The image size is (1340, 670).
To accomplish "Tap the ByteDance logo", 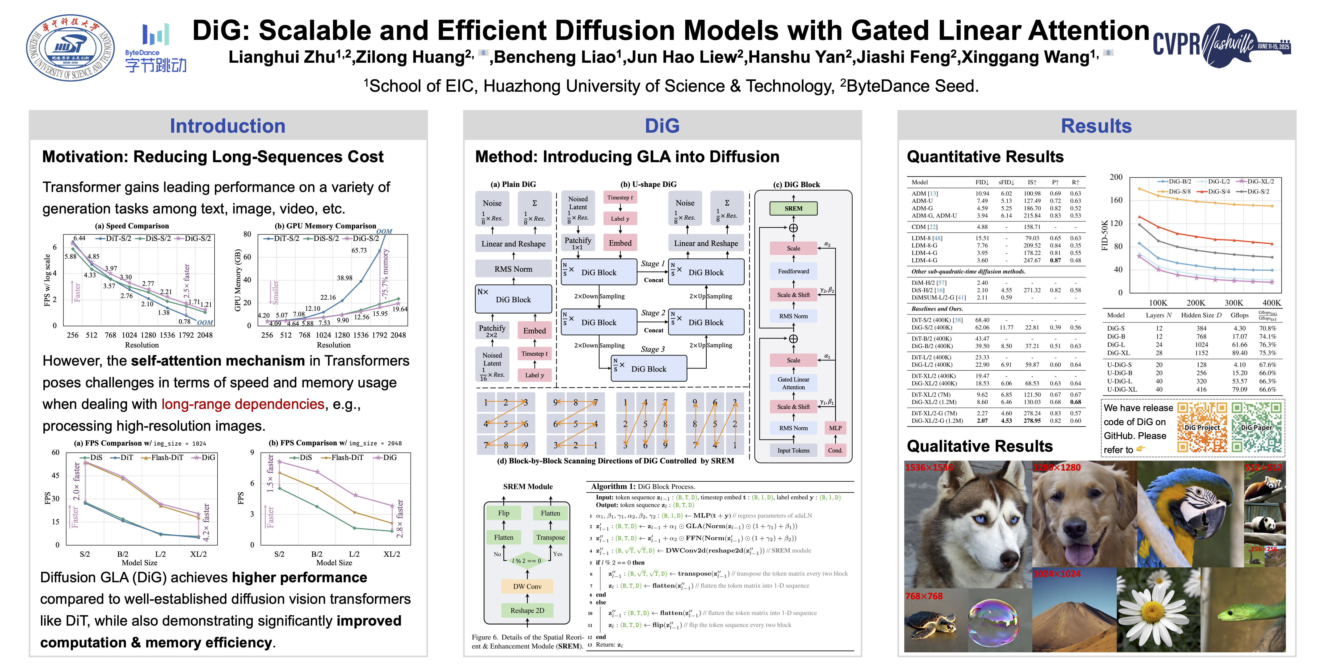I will [156, 48].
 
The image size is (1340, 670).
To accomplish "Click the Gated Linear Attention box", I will [793, 383].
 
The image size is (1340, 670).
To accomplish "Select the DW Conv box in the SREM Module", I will [527, 586].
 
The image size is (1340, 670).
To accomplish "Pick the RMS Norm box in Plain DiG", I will [513, 269].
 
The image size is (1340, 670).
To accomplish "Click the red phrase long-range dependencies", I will [242, 404].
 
